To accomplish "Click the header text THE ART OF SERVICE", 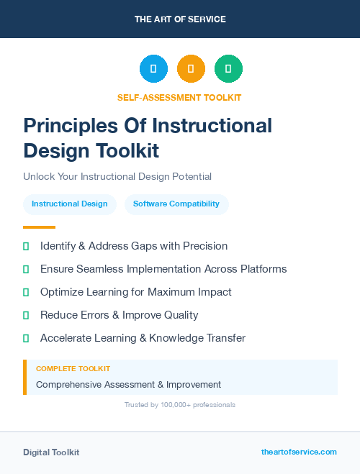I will (180, 19).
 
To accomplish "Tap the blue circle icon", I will (153, 68).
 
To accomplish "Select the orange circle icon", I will (191, 68).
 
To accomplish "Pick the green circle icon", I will (228, 68).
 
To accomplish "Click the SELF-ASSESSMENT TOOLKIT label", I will (179, 97).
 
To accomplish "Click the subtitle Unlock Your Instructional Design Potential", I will (117, 176).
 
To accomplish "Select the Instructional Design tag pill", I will (70, 204).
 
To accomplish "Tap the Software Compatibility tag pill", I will (176, 204).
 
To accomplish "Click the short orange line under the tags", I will (39, 227).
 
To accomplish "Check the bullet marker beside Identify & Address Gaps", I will (26, 246).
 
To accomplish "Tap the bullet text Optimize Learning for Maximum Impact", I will (136, 292).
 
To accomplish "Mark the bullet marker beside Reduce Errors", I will (26, 315).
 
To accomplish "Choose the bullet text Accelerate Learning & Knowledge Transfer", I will (143, 338).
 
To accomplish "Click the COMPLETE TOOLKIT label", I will (73, 369).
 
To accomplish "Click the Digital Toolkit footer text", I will (51, 452).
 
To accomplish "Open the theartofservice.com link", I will (299, 452).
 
